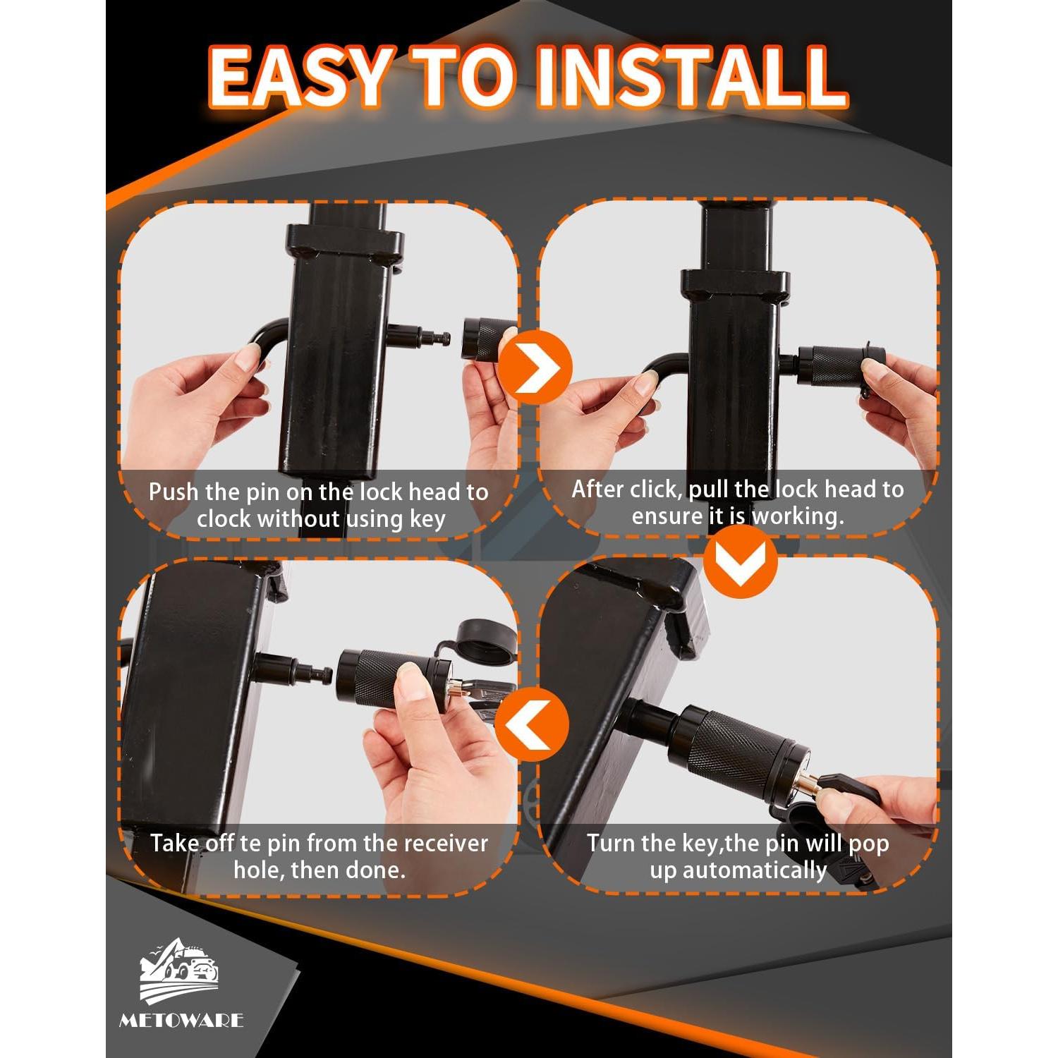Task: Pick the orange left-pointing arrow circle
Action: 532,724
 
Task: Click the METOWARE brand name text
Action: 181,1020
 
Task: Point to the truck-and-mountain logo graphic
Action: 179,970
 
